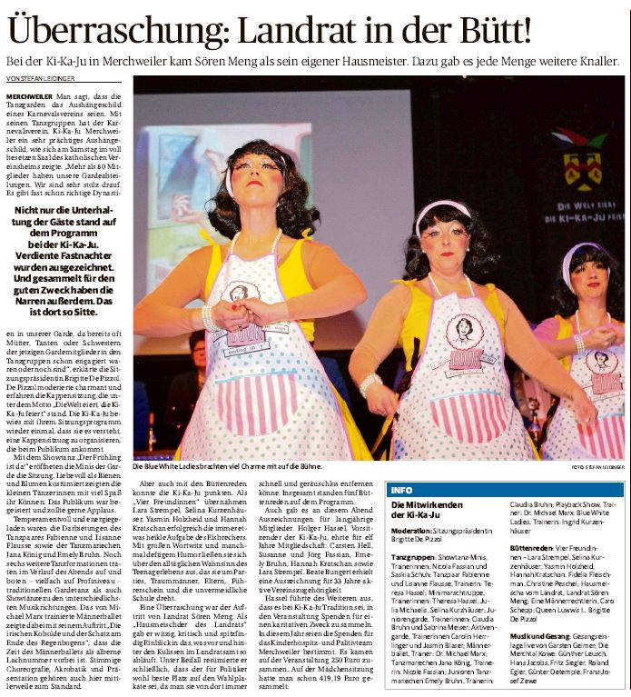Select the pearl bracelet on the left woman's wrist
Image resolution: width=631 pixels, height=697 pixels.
211,317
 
